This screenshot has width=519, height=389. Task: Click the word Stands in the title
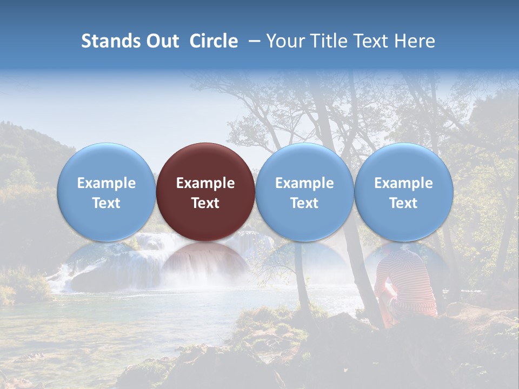tap(111, 41)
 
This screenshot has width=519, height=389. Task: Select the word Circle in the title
tap(214, 41)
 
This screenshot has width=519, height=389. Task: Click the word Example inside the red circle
tap(205, 183)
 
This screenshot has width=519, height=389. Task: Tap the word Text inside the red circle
tap(205, 203)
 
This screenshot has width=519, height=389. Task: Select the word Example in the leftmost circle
tap(106, 183)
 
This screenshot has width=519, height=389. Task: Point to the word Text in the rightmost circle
tap(403, 203)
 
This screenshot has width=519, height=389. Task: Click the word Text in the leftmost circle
tap(106, 203)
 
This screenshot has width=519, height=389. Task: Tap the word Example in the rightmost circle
tap(403, 183)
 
